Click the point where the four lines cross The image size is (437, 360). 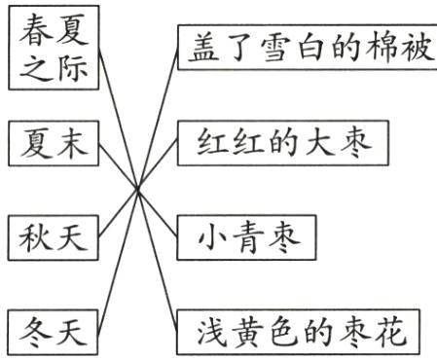(139, 187)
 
